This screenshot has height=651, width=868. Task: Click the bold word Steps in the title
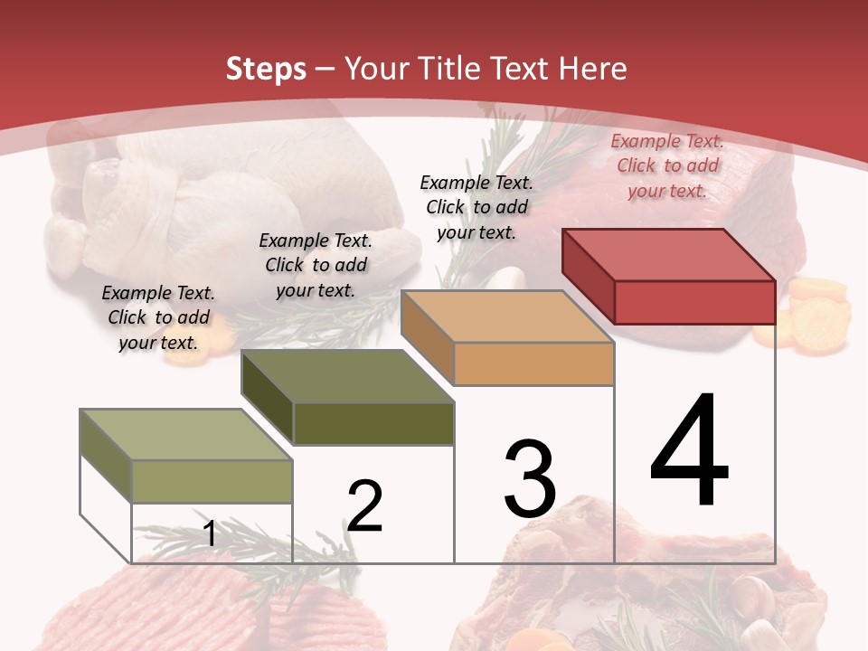click(266, 69)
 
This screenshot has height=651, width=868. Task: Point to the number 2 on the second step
click(365, 506)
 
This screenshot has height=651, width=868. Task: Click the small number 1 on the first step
click(210, 534)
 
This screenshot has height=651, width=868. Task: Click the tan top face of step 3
click(507, 316)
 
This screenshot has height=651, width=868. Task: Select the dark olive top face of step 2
click(347, 376)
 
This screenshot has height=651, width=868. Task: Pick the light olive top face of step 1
click(186, 435)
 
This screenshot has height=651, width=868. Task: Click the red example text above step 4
click(667, 166)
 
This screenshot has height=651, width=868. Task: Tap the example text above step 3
click(476, 207)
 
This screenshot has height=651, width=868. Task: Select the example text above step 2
click(316, 266)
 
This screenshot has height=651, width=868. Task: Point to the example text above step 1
click(158, 318)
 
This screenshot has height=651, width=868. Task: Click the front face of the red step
click(694, 302)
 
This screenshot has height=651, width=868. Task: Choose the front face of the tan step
click(533, 364)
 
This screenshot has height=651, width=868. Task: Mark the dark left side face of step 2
click(268, 398)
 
